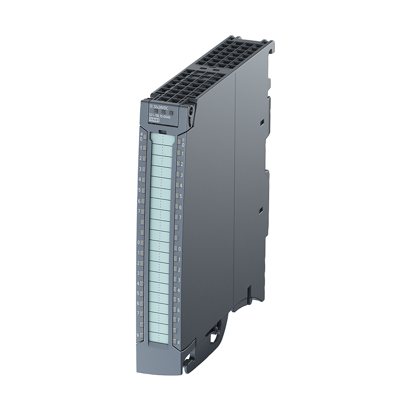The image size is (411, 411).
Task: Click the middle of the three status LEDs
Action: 163,111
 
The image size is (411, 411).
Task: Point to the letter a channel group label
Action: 142,134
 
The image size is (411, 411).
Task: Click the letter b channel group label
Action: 138,335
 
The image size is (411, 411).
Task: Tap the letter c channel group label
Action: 183,140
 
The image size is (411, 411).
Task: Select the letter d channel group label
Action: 179,341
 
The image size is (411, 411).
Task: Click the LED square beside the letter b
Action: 142,335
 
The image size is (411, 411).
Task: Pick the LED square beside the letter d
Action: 174,341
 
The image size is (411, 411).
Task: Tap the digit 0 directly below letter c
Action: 183,145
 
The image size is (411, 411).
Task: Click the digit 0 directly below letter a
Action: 141,139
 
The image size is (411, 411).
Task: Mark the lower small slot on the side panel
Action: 260,211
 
